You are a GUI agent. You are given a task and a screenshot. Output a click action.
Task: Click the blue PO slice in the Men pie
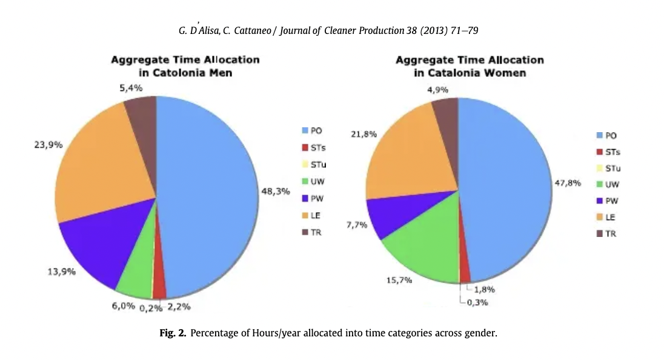(206, 194)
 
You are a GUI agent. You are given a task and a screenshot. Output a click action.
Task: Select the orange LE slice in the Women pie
(403, 158)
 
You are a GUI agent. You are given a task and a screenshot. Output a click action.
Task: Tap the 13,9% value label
(62, 272)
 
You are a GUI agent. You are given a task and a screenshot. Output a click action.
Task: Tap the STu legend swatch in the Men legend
(305, 164)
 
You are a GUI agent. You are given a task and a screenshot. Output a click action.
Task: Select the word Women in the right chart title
(508, 73)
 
